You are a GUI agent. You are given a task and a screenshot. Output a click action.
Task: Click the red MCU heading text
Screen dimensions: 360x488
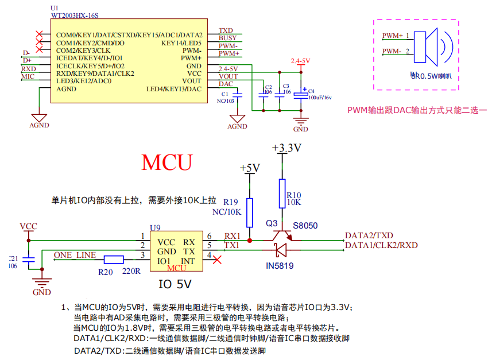pos(167,162)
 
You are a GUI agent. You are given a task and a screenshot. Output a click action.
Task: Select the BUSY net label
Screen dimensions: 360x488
pos(227,38)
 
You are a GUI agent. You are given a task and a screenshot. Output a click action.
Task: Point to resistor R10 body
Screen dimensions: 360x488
pos(281,193)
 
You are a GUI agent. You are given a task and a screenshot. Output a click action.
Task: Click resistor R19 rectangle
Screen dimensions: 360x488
pos(249,212)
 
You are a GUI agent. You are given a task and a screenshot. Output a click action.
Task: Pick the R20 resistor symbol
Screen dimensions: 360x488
pos(114,259)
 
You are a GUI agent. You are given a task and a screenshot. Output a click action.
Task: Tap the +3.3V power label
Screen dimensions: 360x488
pos(286,148)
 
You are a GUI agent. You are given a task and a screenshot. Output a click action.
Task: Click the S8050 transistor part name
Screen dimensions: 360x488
pos(305,226)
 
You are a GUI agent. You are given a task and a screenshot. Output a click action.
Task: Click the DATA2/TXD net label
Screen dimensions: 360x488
pos(369,235)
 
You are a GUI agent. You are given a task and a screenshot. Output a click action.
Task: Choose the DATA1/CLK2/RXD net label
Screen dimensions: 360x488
pos(381,245)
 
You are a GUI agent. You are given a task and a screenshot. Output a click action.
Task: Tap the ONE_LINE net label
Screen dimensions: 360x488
pos(75,254)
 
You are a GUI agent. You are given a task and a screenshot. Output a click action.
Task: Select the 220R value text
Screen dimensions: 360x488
pos(131,270)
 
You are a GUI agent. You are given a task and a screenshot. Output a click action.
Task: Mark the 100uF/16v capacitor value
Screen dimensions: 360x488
pos(320,98)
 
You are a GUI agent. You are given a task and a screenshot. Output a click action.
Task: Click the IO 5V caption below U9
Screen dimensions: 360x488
pos(175,284)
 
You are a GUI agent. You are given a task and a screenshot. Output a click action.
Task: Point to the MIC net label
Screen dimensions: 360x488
pos(28,76)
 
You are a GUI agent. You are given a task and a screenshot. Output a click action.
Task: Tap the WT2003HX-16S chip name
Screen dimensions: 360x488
pos(75,17)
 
